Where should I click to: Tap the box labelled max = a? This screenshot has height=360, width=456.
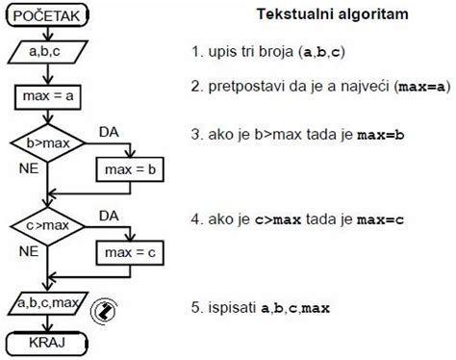coord(46,98)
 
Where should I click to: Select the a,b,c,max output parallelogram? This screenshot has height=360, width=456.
coord(46,306)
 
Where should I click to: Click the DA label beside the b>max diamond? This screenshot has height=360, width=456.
coord(109,131)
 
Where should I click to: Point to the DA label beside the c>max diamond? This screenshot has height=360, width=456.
coord(110,214)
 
